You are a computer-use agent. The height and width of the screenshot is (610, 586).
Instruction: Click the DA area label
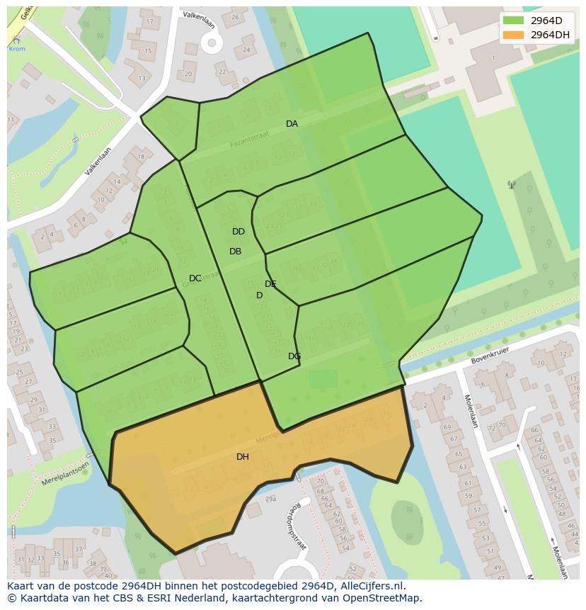(292, 124)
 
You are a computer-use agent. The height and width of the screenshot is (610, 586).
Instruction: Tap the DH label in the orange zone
(242, 457)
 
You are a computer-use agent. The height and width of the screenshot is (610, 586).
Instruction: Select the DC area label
(195, 278)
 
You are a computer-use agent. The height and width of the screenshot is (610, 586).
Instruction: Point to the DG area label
(294, 356)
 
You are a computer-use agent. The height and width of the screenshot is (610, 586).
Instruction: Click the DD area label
(239, 232)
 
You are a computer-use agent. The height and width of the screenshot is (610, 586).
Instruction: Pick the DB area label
(235, 252)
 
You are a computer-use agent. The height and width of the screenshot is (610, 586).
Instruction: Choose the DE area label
(270, 284)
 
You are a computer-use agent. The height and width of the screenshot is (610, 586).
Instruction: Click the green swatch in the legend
(513, 21)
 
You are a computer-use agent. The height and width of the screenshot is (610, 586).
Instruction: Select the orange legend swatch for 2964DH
(513, 35)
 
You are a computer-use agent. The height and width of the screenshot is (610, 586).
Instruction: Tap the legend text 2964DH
(550, 35)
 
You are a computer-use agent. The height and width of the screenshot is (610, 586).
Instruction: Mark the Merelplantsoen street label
(65, 473)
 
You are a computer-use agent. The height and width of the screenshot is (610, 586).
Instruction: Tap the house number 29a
(270, 499)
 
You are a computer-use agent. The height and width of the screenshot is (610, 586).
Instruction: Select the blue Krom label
(16, 49)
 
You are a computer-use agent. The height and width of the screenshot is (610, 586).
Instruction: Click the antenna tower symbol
(511, 186)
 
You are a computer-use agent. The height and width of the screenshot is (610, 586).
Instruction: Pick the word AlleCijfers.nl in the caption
(370, 586)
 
